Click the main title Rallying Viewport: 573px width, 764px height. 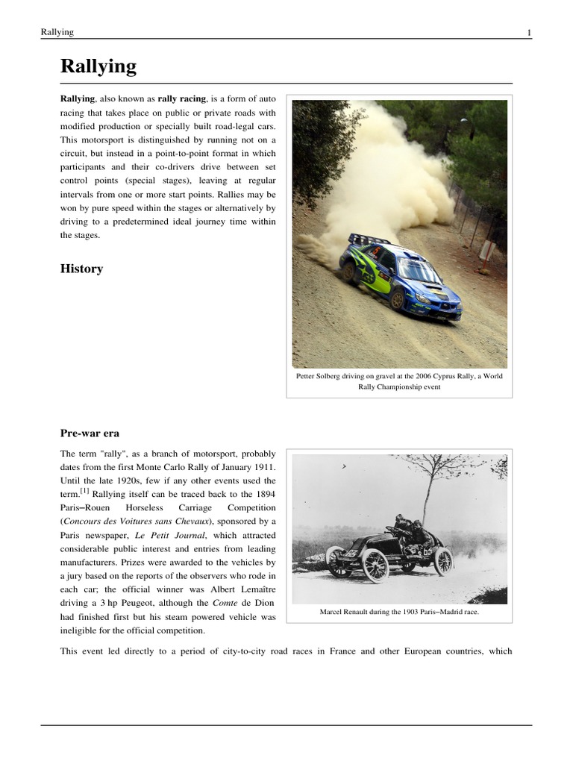pyautogui.click(x=98, y=67)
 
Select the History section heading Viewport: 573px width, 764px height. pyautogui.click(x=81, y=269)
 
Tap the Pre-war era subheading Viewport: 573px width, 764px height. pyautogui.click(x=90, y=433)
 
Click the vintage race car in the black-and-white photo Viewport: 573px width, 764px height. pyautogui.click(x=388, y=552)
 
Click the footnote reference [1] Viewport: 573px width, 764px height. pyautogui.click(x=86, y=492)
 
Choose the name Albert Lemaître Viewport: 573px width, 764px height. pyautogui.click(x=237, y=589)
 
